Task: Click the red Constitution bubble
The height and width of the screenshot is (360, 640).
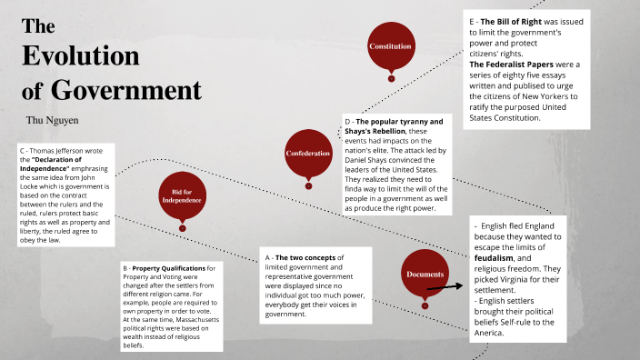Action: (x=391, y=45)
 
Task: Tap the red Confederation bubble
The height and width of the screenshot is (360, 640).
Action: (x=308, y=153)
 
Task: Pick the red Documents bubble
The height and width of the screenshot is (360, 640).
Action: (x=425, y=274)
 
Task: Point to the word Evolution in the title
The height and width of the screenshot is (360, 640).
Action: (x=81, y=56)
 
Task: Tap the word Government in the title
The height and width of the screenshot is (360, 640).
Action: (x=125, y=90)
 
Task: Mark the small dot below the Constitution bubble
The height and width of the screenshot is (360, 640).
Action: (x=391, y=78)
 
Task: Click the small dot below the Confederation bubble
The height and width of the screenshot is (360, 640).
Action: (x=308, y=185)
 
